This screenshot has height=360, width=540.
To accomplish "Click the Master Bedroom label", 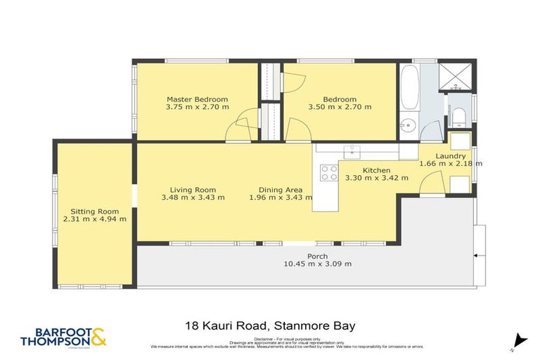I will click(x=197, y=99).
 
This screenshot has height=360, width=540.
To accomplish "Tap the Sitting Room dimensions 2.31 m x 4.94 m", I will click(x=98, y=219).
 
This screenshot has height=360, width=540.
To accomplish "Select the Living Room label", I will click(x=193, y=190).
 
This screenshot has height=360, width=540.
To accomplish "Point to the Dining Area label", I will click(x=280, y=190).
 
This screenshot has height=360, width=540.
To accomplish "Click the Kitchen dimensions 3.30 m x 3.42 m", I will click(x=376, y=179).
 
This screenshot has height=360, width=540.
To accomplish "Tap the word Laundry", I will click(x=450, y=156).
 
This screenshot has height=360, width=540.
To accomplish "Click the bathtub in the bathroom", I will click(x=409, y=88).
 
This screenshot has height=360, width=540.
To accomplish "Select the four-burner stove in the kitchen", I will click(x=328, y=172).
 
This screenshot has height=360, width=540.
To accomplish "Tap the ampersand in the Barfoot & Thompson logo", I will click(x=98, y=337).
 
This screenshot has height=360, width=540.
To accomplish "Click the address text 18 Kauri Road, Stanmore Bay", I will click(x=270, y=326).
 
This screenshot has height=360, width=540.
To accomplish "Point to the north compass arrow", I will click(x=520, y=340).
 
